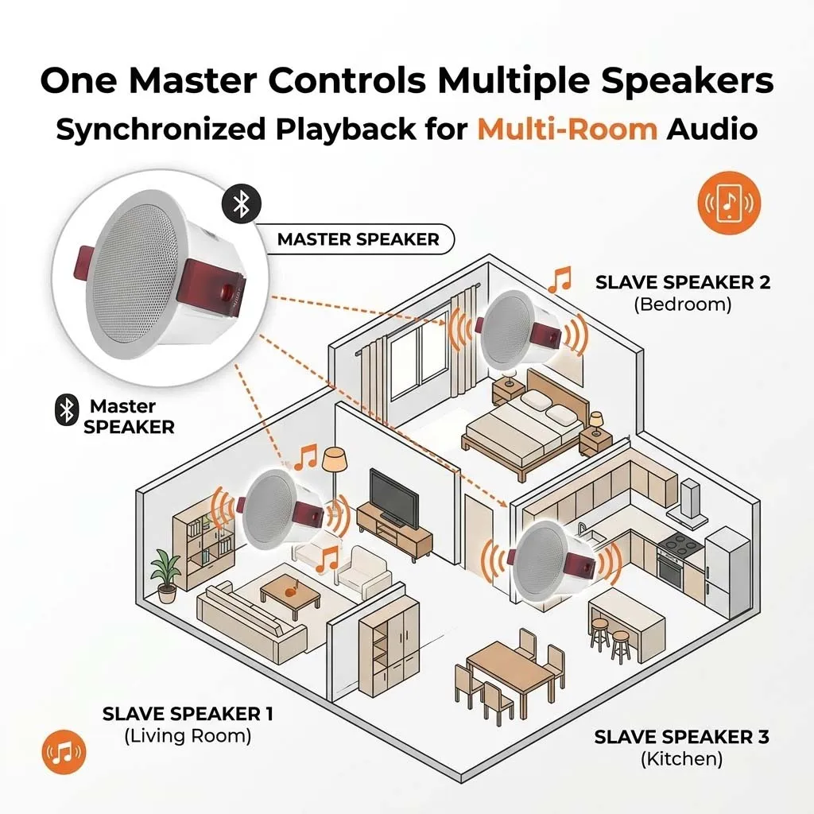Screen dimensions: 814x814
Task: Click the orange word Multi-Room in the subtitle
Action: pyautogui.click(x=568, y=130)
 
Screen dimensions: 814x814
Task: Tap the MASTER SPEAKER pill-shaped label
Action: pyautogui.click(x=359, y=239)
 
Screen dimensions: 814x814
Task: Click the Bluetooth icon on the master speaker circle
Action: pyautogui.click(x=242, y=203)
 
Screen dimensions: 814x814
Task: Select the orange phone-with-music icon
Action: pyautogui.click(x=729, y=203)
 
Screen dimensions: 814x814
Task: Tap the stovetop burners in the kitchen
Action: pyautogui.click(x=680, y=544)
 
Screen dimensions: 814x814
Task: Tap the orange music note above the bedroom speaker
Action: pyautogui.click(x=560, y=279)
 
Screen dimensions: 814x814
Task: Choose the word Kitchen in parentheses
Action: pyautogui.click(x=681, y=759)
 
